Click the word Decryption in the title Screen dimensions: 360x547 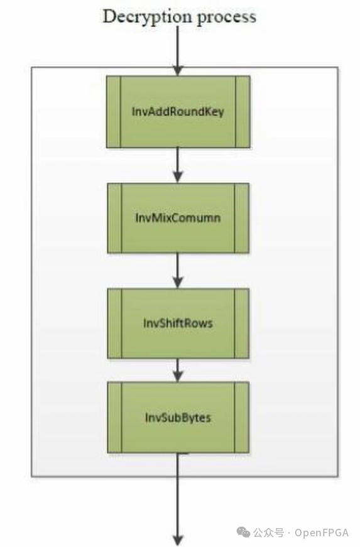(x=148, y=17)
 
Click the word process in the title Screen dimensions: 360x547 (x=227, y=18)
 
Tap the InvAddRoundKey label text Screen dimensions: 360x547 (x=178, y=112)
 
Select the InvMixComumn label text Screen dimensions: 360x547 (x=178, y=218)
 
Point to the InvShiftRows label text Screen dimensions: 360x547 (x=178, y=323)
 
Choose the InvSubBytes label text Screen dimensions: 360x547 (x=178, y=418)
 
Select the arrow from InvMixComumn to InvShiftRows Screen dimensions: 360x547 (x=178, y=271)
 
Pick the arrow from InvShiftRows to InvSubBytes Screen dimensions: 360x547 (x=178, y=370)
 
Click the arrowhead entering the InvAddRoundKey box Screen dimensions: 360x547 (x=178, y=70)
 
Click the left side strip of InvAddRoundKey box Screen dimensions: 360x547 (x=114, y=112)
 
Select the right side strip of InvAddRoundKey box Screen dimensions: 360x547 (x=243, y=112)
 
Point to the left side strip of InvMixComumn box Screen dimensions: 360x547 (x=115, y=218)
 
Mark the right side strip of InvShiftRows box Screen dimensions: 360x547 (x=241, y=323)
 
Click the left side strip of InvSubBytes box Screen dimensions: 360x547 (x=115, y=418)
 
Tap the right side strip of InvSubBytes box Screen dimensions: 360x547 (x=241, y=418)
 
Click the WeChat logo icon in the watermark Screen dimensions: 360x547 (x=244, y=533)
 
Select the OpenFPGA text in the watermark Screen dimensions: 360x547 (x=322, y=533)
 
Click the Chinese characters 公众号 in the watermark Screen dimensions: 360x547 (x=269, y=533)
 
